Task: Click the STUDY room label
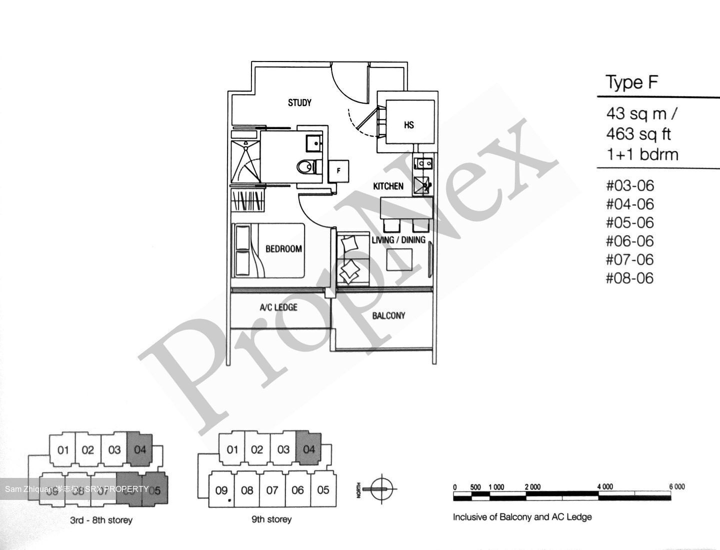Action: (299, 103)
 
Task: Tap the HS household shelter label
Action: (409, 125)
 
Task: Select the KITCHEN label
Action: (388, 186)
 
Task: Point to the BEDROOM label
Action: (283, 249)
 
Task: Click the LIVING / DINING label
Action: (398, 240)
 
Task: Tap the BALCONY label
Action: (388, 316)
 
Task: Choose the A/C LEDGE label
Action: (278, 307)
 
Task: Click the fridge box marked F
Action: (338, 171)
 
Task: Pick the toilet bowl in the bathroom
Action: (305, 167)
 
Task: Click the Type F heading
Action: (631, 82)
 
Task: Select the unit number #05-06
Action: (630, 223)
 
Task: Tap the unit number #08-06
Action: (630, 278)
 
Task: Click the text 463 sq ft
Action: (638, 134)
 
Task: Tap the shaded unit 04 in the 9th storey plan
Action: (309, 449)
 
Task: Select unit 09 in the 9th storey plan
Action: (221, 490)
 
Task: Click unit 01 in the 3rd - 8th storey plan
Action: (63, 450)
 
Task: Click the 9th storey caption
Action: (271, 519)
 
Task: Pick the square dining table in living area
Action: (399, 259)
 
